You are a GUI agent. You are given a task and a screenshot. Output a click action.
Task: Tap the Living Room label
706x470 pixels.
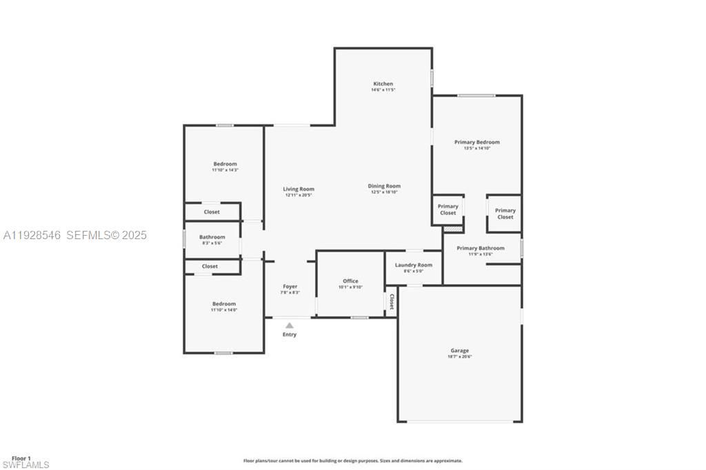point(299,189)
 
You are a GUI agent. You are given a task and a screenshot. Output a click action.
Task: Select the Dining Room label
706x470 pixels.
point(384,186)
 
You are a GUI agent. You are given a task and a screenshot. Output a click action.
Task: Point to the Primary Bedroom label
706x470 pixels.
point(476,142)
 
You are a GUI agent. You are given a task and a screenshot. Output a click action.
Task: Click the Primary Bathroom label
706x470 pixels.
point(481,248)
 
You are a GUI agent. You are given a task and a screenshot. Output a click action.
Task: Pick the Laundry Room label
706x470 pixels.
point(414,265)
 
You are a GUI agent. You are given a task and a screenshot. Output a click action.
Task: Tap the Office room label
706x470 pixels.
point(350,281)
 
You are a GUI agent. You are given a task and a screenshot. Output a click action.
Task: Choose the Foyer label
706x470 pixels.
point(290,287)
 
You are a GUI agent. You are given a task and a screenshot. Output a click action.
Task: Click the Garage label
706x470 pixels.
point(460,351)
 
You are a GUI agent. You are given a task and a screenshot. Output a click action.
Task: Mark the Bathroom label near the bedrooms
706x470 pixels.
point(212,237)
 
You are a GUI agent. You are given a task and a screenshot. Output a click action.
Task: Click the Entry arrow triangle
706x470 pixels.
point(290,325)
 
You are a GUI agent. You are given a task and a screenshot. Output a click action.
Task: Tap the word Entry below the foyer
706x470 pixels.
point(290,335)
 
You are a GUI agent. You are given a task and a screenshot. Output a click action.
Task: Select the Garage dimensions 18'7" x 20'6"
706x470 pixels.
point(460,357)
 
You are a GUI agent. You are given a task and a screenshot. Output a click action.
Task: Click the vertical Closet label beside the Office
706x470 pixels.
point(392,302)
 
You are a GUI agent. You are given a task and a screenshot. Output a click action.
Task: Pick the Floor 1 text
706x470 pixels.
point(21,458)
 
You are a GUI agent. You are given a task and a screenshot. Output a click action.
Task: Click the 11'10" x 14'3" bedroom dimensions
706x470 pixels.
point(225,170)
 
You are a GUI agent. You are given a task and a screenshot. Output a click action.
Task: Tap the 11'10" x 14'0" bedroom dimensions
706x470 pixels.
point(224,310)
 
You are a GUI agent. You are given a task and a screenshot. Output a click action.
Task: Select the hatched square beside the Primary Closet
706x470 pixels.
point(452,228)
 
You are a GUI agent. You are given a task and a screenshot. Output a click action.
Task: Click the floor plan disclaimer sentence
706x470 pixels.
point(352,460)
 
